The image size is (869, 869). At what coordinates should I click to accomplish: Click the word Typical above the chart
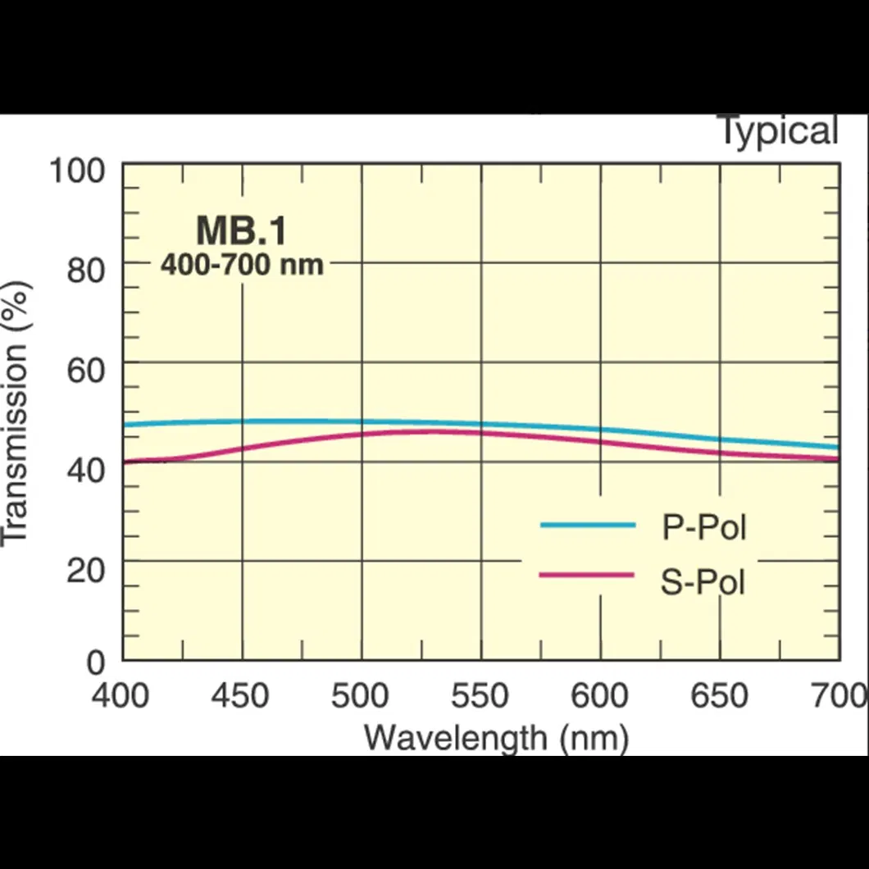778,131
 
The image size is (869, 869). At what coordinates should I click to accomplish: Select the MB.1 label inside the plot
241,231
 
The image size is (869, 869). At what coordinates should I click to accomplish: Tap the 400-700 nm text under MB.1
241,265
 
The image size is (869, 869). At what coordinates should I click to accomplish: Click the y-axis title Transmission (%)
16,412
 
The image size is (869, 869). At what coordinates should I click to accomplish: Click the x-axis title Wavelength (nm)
496,737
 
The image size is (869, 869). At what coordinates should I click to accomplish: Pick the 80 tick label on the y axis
85,270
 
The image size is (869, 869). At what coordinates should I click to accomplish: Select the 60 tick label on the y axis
85,370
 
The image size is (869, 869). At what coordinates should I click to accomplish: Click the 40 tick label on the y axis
85,470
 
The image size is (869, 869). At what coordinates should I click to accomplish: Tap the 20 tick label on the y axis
85,569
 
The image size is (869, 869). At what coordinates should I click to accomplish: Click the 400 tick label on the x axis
121,696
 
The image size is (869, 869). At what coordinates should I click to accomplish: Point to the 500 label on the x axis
360,696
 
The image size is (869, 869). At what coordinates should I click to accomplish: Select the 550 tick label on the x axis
480,696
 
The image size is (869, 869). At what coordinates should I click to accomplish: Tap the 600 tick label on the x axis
599,696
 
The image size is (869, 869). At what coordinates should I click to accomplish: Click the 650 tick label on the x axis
719,696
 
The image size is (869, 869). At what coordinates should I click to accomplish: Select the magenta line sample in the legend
586,575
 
